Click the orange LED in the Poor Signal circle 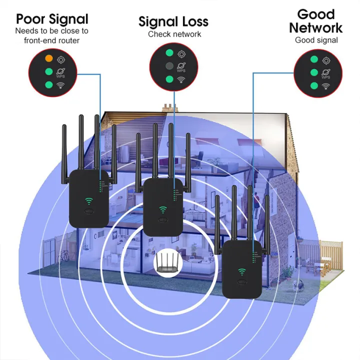point(48,58)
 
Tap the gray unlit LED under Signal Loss point(170,66)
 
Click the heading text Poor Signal point(52,19)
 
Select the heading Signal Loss point(173,21)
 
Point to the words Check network point(174,34)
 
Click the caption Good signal point(316,40)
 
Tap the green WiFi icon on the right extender point(242,272)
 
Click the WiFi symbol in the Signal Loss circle point(182,79)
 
